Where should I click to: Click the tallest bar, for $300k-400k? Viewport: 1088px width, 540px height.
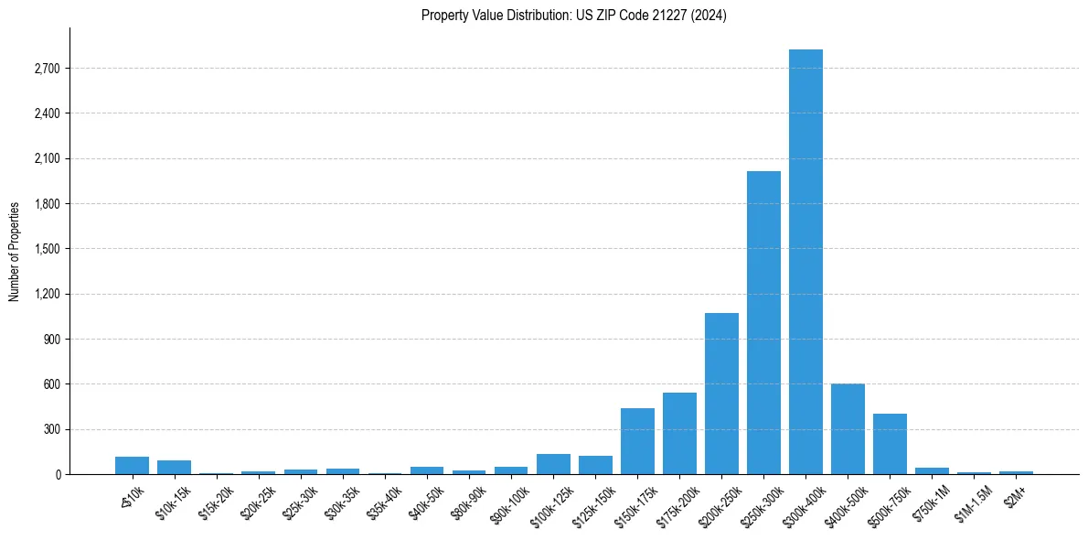coord(805,262)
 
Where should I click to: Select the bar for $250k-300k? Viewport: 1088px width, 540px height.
coord(763,322)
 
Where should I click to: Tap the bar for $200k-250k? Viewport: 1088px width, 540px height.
coord(721,394)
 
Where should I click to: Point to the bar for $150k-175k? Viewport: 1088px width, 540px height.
coord(637,441)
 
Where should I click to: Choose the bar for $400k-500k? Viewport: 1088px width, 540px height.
coord(848,428)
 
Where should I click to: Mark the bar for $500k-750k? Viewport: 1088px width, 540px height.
coord(890,444)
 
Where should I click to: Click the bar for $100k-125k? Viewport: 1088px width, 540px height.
coord(553,464)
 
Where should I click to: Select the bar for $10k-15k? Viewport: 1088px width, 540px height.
coord(174,467)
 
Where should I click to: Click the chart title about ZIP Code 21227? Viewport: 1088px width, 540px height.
coord(574,16)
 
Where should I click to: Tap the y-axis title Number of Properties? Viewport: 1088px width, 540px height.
coord(15,251)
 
